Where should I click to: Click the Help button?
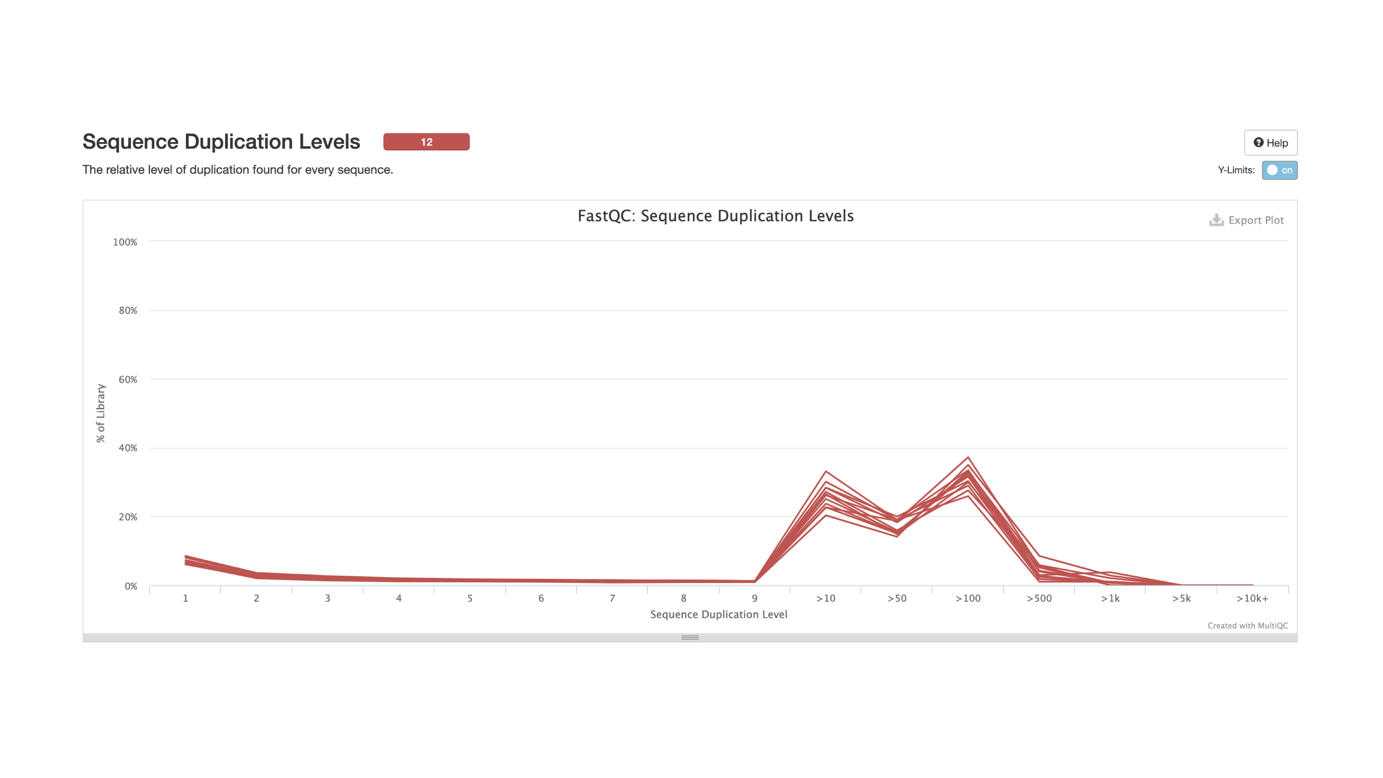1270,143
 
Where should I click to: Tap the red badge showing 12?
426,142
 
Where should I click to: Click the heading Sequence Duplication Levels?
221,142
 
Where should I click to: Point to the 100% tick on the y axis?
125,242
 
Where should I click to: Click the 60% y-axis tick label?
128,380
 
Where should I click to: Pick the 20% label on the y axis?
128,517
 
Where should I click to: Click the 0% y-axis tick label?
131,586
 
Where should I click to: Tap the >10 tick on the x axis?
826,599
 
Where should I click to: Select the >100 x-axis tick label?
968,599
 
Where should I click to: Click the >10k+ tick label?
1253,599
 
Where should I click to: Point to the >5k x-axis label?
1181,599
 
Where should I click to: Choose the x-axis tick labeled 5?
470,599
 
